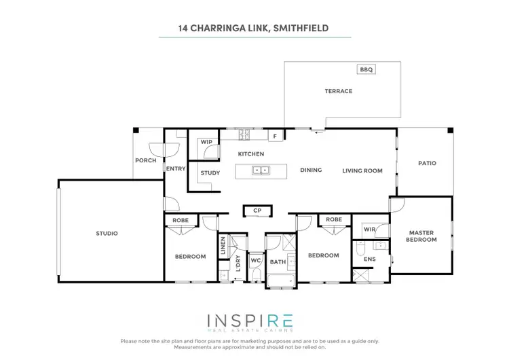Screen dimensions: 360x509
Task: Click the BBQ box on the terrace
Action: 366,69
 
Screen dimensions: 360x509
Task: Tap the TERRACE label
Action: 338,91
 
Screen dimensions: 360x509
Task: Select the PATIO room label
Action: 427,163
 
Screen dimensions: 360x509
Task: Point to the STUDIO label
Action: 107,234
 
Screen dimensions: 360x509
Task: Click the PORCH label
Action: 145,161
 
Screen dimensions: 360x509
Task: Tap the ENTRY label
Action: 175,168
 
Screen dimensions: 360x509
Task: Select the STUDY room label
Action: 210,173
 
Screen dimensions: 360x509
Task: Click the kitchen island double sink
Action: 261,170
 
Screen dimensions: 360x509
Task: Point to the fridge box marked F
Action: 275,137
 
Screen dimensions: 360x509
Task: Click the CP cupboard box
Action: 257,211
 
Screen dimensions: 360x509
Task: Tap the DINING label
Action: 311,170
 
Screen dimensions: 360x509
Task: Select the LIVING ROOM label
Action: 362,170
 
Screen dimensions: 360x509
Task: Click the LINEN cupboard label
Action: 223,247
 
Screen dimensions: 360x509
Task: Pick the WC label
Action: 256,261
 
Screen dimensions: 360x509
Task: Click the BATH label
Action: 277,261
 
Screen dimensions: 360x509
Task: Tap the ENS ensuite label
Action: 369,259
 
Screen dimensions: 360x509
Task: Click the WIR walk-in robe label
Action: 369,230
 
